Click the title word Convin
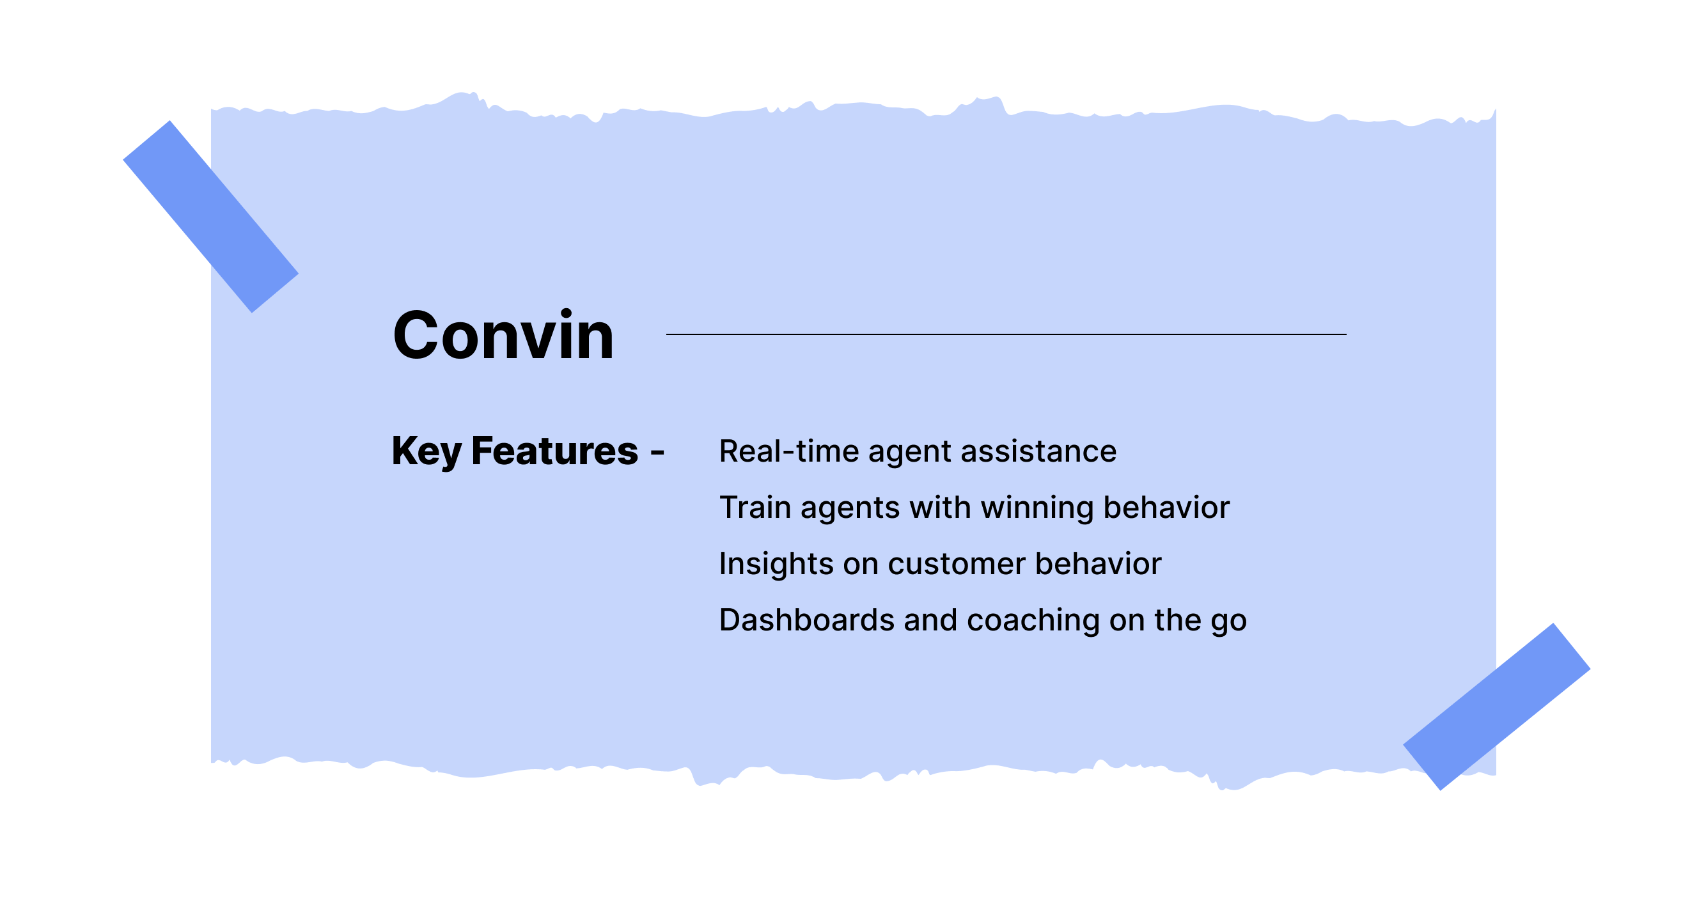503,336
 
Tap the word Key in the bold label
426,451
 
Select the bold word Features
554,451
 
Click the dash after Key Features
657,453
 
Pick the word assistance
1038,451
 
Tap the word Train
755,508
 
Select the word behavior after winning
1166,508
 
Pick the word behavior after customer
1098,565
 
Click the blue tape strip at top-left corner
210,216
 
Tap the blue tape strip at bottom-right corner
1496,706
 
